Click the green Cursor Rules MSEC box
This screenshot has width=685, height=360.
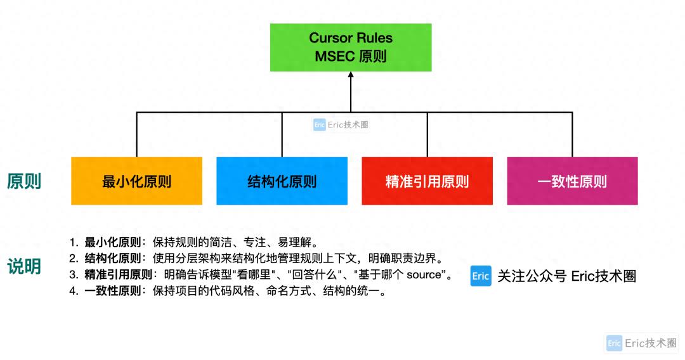click(351, 48)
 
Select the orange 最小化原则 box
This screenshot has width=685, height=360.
click(136, 181)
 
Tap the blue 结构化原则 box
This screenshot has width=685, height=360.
click(282, 181)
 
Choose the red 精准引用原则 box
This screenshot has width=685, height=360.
click(427, 181)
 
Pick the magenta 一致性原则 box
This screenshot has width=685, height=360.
click(572, 181)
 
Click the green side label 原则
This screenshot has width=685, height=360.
click(24, 181)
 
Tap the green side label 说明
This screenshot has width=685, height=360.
click(24, 267)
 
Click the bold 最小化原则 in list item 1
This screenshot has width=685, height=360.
click(113, 242)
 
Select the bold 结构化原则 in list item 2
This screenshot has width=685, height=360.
click(113, 259)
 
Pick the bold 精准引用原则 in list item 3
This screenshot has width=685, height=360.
click(119, 275)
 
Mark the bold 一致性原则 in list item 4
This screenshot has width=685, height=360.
click(113, 292)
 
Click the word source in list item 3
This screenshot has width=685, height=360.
click(423, 275)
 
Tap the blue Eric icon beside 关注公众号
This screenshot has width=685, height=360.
click(481, 276)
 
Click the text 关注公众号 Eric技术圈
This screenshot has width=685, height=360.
click(566, 276)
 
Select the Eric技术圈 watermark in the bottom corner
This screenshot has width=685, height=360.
click(642, 343)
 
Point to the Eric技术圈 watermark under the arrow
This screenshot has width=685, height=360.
click(341, 125)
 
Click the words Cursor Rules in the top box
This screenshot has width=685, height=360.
click(351, 38)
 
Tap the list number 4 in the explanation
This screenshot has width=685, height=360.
click(74, 292)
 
